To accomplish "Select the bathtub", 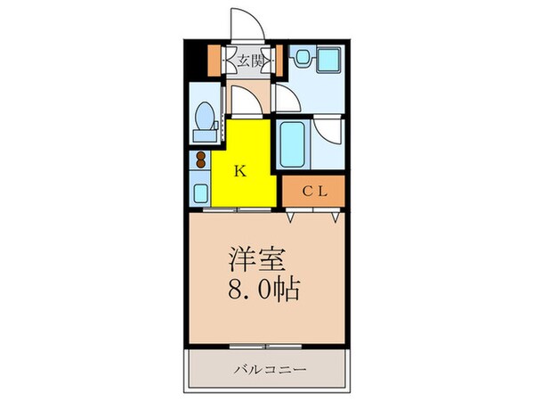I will tap(292, 143).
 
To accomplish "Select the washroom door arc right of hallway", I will tap(285, 99).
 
